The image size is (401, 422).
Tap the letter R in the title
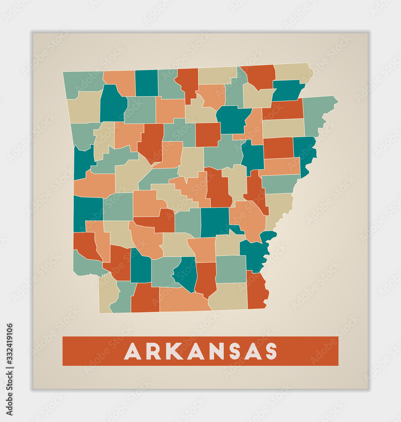pyautogui.click(x=153, y=351)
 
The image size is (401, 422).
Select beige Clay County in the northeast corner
pyautogui.click(x=293, y=72)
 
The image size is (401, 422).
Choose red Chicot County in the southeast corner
pyautogui.click(x=257, y=290)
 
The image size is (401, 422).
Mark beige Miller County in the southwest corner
pyautogui.click(x=107, y=293)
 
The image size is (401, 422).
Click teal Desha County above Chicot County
pyautogui.click(x=255, y=253)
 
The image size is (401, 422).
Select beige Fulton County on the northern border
pyautogui.click(x=216, y=75)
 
